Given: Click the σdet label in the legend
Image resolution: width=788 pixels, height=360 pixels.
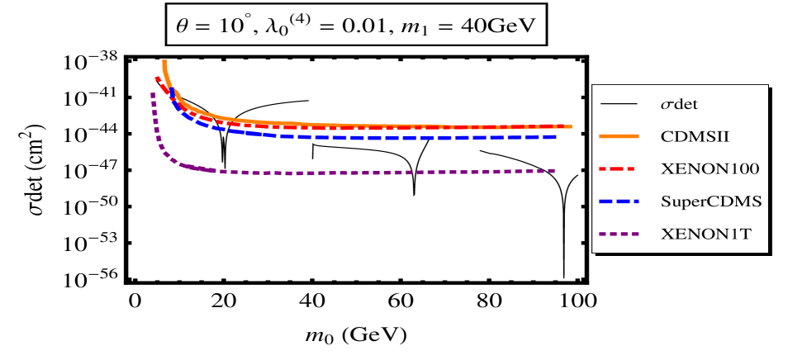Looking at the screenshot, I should point(685,105).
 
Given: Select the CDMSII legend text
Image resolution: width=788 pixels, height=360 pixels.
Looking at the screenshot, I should point(693,136).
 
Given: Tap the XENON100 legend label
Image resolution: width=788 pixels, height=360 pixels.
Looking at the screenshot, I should point(710,168).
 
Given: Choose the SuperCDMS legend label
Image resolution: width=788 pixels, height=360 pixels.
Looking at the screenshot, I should point(710,201).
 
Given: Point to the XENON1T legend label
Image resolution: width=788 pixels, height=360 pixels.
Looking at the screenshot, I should point(705,233).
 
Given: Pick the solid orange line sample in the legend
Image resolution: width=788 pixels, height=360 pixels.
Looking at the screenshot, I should point(619,136).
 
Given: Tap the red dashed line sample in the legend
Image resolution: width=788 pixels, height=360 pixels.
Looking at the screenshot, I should point(619,168).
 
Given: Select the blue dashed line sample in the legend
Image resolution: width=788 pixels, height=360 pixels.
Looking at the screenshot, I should point(619,201).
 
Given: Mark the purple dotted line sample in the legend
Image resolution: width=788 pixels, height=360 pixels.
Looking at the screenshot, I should point(619,233).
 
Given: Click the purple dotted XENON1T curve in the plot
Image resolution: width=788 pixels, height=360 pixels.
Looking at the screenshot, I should point(372,173).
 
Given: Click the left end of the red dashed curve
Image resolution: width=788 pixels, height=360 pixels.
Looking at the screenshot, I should point(156,78).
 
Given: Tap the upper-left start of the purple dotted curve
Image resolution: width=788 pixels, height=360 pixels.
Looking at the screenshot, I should point(153,94).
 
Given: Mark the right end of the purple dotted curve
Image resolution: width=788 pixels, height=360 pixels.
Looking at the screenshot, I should point(553,170).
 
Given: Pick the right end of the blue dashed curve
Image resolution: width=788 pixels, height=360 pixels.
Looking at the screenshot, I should point(553,136).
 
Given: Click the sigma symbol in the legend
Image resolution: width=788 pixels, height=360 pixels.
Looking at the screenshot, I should point(666,106).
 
